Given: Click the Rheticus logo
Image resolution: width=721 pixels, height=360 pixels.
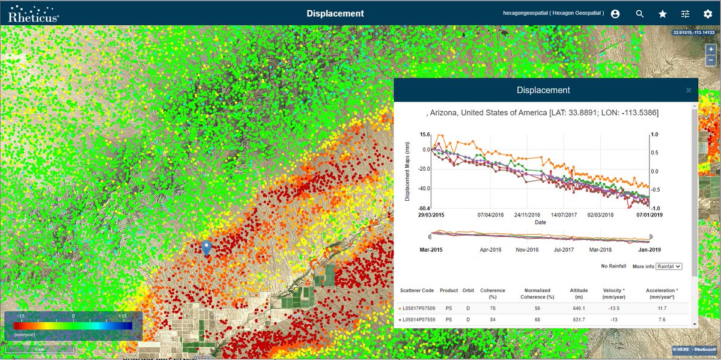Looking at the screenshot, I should [33, 13].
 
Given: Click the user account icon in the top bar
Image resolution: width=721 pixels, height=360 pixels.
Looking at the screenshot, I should [615, 14].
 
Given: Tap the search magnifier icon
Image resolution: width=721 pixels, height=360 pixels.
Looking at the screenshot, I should [640, 14].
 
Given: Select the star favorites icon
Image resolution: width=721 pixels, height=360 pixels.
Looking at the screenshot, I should [663, 14].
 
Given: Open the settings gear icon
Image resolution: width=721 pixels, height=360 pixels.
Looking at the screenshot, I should [707, 14].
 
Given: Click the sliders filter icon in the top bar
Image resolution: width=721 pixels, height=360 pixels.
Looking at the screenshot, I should [685, 14].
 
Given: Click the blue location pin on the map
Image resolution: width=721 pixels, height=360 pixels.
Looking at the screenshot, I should [206, 247].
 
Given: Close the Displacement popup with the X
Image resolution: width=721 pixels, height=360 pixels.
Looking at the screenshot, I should [689, 90].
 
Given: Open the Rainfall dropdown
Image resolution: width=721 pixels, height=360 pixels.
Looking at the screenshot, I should [668, 266].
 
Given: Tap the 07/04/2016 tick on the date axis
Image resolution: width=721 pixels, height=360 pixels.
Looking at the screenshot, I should [491, 214].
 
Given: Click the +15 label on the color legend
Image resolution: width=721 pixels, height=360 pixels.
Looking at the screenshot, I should [122, 316].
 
